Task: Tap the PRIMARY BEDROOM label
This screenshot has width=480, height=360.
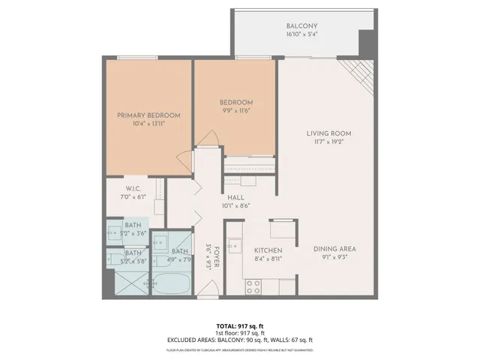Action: pyautogui.click(x=148, y=115)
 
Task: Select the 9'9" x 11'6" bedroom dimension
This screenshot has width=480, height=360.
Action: pyautogui.click(x=235, y=111)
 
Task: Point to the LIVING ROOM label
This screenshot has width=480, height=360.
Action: pyautogui.click(x=328, y=134)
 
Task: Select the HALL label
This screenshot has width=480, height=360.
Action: pyautogui.click(x=236, y=196)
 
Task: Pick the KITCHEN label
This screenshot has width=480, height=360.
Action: pyautogui.click(x=267, y=250)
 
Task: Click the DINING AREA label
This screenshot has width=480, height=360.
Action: pyautogui.click(x=334, y=249)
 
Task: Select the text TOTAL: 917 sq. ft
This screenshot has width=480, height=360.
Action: pyautogui.click(x=239, y=326)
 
